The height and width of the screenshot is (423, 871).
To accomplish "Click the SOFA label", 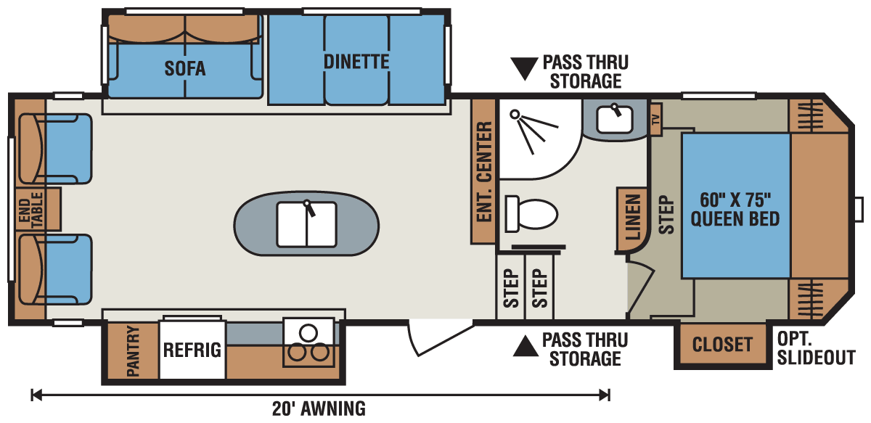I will pos(184,69).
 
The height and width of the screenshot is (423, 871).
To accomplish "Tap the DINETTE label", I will pos(356,62).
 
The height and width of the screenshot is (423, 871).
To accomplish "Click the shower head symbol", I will pos(516,115).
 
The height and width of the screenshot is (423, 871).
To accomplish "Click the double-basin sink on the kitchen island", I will pos(306,223).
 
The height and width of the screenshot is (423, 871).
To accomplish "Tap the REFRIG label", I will pos(192,350).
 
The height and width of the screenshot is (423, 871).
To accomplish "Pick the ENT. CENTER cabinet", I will pos(484,171).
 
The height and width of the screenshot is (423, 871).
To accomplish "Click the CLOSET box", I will pos(722,344).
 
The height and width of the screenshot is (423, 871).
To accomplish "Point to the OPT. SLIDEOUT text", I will pos(815,348).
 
